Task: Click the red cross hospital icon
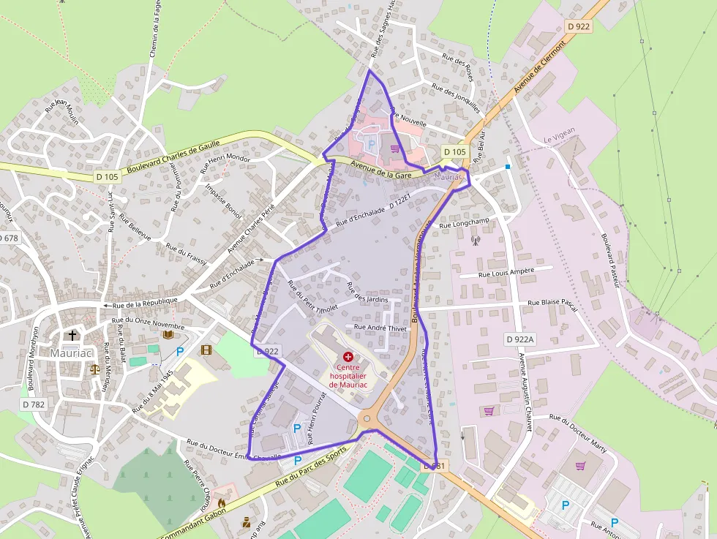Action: pos(348,355)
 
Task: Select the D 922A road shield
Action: pos(520,339)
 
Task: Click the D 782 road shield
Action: pos(34,404)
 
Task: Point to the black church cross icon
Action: pos(72,336)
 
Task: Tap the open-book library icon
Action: pos(168,334)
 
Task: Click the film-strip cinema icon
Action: pos(206,350)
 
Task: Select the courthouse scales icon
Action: pos(94,369)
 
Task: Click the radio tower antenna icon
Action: pos(474,239)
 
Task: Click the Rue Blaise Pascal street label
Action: pos(552,302)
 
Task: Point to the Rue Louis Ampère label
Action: pos(506,272)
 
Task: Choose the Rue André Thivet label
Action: pos(379,328)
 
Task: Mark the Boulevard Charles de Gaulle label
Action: pos(173,157)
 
